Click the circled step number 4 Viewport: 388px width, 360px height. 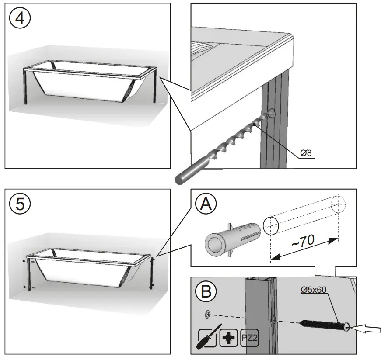(x=19, y=18)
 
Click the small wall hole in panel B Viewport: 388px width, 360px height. (x=207, y=314)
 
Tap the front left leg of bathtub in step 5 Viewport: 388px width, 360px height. (x=29, y=273)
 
